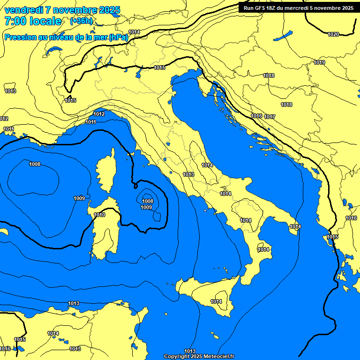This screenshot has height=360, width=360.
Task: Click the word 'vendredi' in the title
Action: coord(23,10)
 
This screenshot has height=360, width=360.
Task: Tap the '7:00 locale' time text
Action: coord(33,21)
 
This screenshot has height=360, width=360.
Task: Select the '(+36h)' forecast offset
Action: coord(81,21)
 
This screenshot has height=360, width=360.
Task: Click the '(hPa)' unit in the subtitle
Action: coord(119,37)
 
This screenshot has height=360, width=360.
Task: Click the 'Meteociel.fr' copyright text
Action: coord(216,356)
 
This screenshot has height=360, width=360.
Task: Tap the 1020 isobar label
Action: coord(333,34)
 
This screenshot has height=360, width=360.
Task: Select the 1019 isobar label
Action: coord(319,62)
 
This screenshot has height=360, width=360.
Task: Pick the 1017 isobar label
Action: coord(270,117)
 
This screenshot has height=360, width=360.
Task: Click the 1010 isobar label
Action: coord(99,215)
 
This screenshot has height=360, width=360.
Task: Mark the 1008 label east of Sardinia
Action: coord(147,201)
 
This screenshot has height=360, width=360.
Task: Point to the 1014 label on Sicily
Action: coord(216,301)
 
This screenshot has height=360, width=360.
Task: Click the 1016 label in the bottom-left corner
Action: coord(5,349)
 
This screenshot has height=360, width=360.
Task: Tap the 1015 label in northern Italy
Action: coord(159,68)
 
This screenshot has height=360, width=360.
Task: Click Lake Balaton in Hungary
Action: coord(283,36)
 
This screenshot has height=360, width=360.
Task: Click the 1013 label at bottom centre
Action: coord(189,351)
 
